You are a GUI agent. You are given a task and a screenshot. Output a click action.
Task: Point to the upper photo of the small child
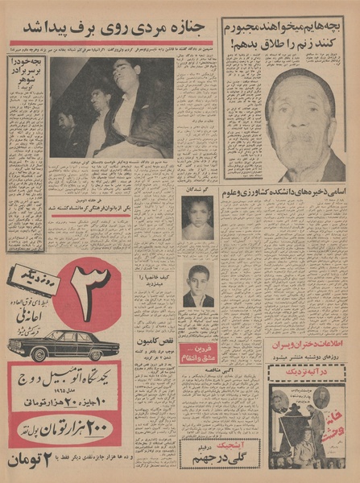coord(197,217)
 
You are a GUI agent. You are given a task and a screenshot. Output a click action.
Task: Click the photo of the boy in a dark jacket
coord(197,287)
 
